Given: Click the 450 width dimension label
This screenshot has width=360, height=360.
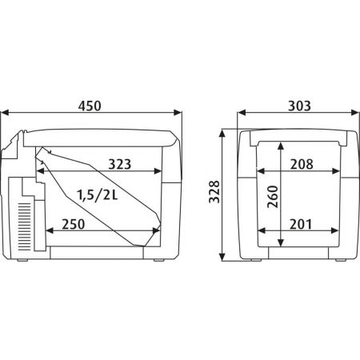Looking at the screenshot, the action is coord(90,106).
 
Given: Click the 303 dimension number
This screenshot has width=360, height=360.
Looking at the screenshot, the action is coord(299,106).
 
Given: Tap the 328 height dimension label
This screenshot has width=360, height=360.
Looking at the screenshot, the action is coord(214,192).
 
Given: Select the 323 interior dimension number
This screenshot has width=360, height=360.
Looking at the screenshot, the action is coord(120,164).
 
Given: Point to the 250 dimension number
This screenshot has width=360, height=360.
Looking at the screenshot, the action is coord(74,224).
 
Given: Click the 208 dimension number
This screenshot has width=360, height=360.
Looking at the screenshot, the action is coord(302,164).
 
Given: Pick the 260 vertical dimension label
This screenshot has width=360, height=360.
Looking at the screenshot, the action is coord(273,197).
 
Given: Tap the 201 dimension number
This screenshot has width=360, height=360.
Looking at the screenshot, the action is coord(301,224).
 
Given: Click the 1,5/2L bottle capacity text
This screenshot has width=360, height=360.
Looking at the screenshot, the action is coord(98,195).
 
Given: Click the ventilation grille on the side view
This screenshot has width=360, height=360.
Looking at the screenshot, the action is coord(25,226).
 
